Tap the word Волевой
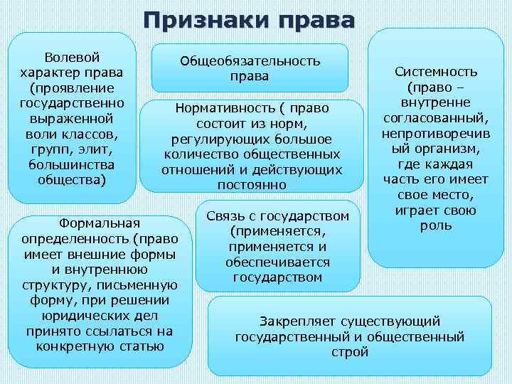[x=72, y=56]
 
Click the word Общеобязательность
[x=250, y=61]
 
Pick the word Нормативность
[x=223, y=109]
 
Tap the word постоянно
[x=252, y=185]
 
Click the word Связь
[x=225, y=215]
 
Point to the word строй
[x=350, y=352]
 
